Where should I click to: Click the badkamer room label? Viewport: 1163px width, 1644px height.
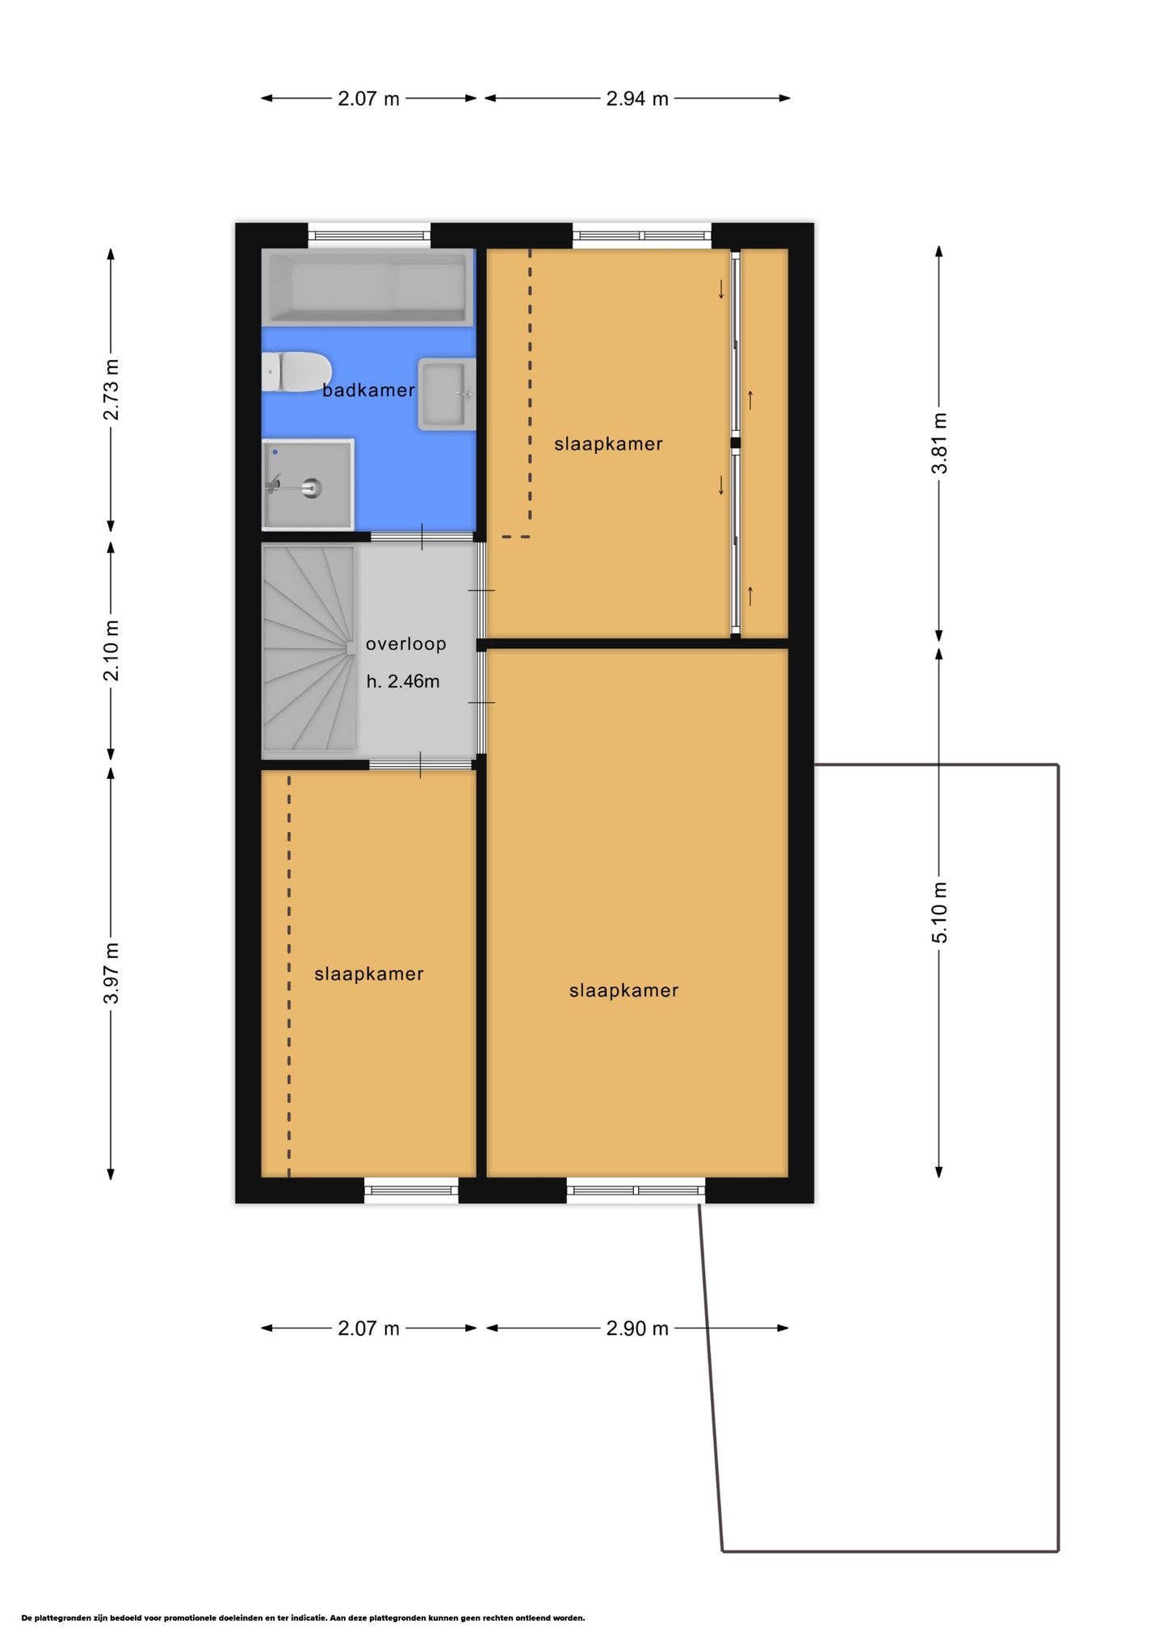(368, 390)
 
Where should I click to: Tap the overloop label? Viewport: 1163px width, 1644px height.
(405, 644)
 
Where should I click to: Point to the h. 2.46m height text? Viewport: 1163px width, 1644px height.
(403, 681)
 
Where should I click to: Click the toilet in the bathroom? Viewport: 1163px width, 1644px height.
(296, 371)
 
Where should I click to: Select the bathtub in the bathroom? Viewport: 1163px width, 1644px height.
(367, 288)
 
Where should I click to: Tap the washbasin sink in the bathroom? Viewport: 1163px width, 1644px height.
(446, 394)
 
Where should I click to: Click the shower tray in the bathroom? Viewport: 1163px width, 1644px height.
(308, 483)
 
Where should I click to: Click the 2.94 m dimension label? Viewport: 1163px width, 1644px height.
(637, 98)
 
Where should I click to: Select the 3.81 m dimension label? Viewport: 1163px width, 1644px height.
(939, 443)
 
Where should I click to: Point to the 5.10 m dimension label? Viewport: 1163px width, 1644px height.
(939, 912)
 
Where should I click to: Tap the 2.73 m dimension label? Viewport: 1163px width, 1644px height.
(111, 390)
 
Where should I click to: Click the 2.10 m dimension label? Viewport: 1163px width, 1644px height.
(111, 650)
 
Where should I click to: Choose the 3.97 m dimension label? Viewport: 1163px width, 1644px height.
(111, 973)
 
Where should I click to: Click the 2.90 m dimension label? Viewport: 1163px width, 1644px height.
(637, 1328)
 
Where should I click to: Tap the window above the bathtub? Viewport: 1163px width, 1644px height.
(369, 236)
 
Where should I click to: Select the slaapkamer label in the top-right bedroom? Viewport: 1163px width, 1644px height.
(608, 444)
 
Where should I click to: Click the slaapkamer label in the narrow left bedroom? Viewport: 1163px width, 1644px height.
(369, 974)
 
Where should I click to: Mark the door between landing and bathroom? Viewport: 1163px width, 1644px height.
(422, 538)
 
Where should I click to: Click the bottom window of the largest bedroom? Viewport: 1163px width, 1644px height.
(636, 1190)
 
